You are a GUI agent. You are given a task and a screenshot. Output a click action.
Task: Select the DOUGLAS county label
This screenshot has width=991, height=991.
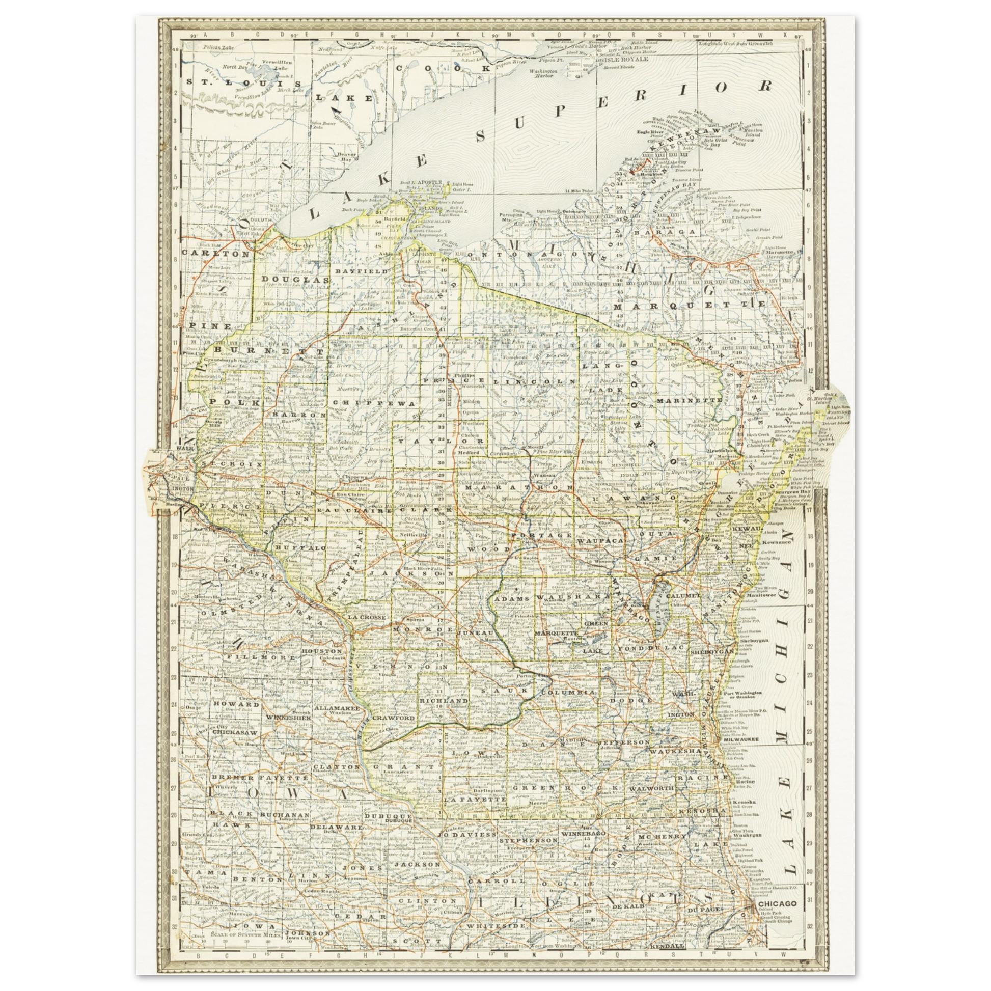pyautogui.click(x=295, y=280)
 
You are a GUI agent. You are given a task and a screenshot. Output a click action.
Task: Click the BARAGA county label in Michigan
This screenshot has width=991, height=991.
pyautogui.click(x=665, y=232)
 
